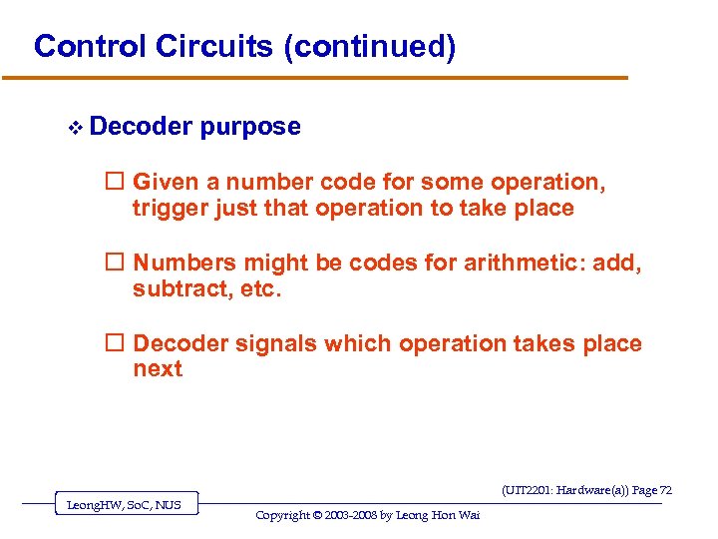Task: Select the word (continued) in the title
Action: click(370, 47)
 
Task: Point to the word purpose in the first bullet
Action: click(249, 127)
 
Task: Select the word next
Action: click(158, 369)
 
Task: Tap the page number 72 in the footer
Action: click(665, 490)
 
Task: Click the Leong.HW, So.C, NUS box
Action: click(124, 505)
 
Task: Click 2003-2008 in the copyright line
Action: click(355, 515)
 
